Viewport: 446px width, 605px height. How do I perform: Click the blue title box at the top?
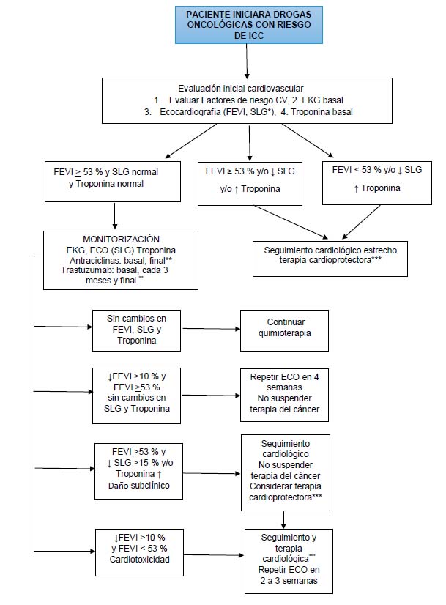[x=249, y=25]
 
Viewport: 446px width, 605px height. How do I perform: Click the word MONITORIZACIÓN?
[x=121, y=240]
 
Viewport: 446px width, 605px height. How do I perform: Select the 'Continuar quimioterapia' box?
[x=284, y=330]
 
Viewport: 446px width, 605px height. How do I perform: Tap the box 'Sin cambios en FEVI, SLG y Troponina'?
[x=136, y=330]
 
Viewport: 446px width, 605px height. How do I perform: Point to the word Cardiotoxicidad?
[x=140, y=560]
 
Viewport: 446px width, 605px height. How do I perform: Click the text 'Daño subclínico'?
[x=139, y=486]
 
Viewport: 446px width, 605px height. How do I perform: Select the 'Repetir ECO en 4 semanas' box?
[x=284, y=395]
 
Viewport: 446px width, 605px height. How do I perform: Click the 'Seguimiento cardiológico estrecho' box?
[x=330, y=259]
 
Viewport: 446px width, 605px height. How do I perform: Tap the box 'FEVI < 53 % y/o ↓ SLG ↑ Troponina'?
[x=377, y=183]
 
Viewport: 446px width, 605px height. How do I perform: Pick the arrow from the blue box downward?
[x=247, y=61]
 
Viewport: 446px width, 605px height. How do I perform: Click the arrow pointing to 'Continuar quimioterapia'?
[x=211, y=329]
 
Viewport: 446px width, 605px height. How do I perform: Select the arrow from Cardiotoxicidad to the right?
[x=214, y=555]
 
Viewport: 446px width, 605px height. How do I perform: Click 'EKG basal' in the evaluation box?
[x=322, y=100]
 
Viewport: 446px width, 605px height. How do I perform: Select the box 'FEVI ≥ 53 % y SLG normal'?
[x=113, y=182]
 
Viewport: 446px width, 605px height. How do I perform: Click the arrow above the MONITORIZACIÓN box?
[x=114, y=216]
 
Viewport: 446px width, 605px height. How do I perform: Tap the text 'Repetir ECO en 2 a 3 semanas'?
[x=289, y=575]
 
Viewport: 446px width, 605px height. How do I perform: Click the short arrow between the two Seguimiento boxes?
[x=283, y=520]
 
